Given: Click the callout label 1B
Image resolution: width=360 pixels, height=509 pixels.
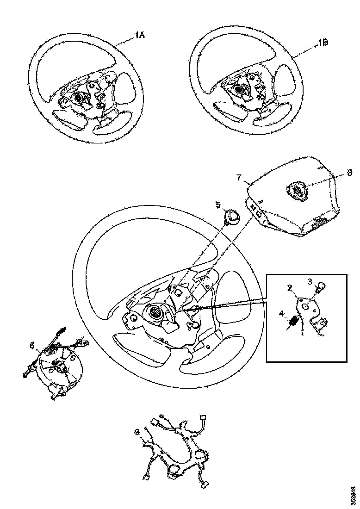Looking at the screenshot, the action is tap(323, 42).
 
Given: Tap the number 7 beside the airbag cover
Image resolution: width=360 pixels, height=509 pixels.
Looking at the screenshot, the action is tap(239, 178).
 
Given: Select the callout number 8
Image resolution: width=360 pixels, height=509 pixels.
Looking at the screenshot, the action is tap(349, 173).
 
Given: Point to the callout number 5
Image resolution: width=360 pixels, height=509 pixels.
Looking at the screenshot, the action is tap(218, 205).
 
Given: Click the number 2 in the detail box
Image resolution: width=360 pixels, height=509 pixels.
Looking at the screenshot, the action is tap(290, 288).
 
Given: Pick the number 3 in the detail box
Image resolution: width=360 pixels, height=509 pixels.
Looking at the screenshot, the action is tap(310, 280).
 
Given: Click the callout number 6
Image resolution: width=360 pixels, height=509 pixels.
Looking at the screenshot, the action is tap(32, 346).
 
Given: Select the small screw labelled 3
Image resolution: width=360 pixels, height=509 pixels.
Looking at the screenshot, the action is tap(320, 286).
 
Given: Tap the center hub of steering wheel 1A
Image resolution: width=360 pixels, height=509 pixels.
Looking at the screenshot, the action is tap(78, 98).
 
